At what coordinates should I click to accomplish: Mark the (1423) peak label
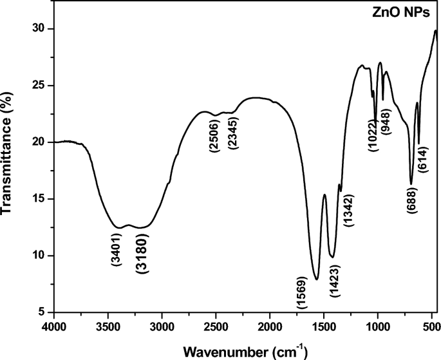[x=333, y=280]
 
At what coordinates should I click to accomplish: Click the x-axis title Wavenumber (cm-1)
[x=245, y=352]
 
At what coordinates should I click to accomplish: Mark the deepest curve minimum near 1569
[x=316, y=279]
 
